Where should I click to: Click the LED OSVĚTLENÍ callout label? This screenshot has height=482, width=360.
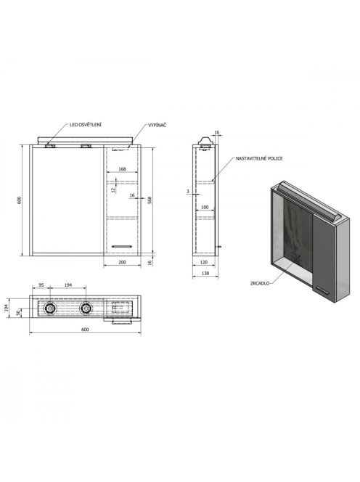(85, 125)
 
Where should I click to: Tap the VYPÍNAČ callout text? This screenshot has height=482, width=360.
(157, 125)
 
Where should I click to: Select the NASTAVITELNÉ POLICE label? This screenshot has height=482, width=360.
(259, 159)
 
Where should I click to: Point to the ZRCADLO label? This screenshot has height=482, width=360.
(260, 283)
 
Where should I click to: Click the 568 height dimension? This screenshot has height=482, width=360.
(150, 200)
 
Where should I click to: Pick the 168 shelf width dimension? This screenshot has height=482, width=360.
(122, 169)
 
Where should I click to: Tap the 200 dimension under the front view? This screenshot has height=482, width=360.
(122, 262)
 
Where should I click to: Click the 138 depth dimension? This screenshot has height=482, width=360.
(205, 273)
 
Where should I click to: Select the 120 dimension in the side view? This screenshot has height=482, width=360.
(203, 262)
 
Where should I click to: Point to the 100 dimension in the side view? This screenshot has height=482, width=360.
(205, 207)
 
